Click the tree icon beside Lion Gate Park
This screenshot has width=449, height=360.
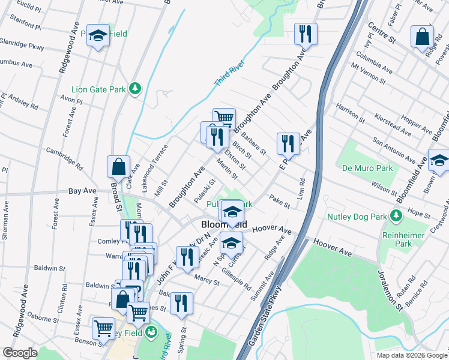[x=135, y=89]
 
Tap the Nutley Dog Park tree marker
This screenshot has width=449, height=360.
[x=395, y=215]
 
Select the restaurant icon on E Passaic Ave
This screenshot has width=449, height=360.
[x=288, y=143]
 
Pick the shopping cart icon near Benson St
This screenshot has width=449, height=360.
[x=103, y=329]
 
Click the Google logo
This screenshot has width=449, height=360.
[x=20, y=353]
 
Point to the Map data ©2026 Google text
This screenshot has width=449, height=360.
[x=411, y=355]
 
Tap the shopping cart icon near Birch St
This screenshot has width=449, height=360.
[x=224, y=119]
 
